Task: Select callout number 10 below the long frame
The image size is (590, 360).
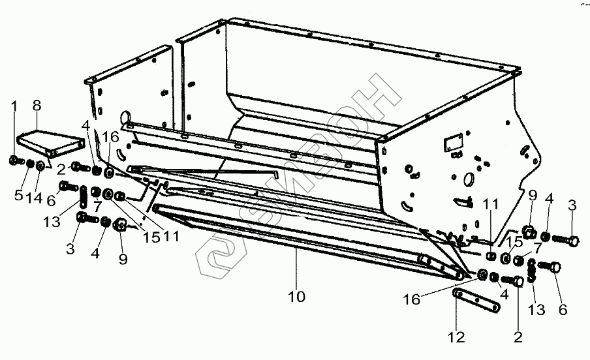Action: [x=297, y=297]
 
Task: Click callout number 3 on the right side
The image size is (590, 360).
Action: [x=572, y=206]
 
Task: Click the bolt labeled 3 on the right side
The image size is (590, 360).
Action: [x=567, y=241]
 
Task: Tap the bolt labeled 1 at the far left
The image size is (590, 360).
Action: [x=14, y=160]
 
